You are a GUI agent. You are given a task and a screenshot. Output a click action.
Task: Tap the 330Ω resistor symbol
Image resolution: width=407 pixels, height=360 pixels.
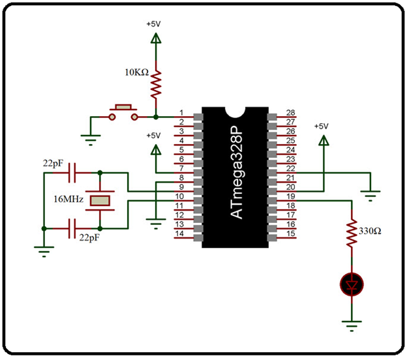352,232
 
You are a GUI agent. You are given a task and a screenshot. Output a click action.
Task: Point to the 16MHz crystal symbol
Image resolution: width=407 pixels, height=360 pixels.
100,201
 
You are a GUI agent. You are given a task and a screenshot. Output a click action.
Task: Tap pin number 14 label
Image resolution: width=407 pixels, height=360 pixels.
181,233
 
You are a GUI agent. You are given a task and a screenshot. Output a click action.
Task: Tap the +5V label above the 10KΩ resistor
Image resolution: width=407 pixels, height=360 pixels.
155,23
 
